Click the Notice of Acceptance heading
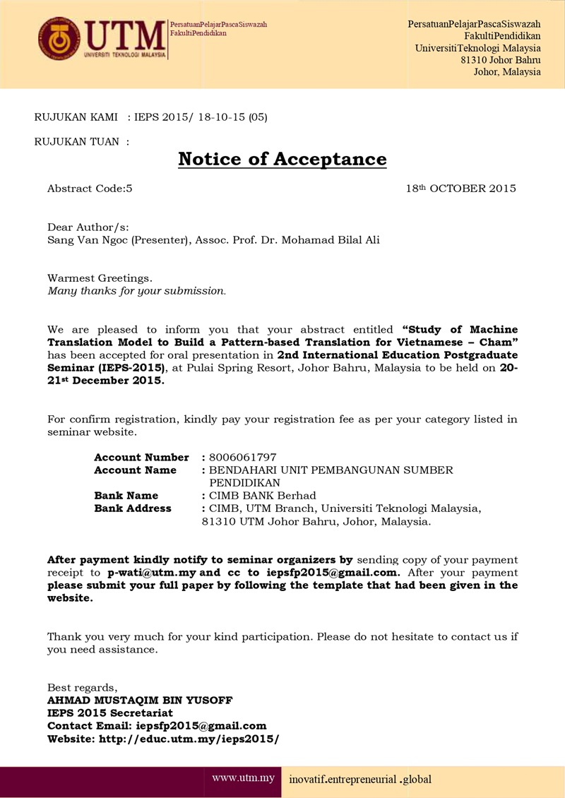click(282, 159)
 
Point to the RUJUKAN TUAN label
click(82, 141)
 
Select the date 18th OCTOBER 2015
click(460, 189)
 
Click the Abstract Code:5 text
click(90, 189)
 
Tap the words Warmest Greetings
click(100, 278)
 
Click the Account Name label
click(136, 470)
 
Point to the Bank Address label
click(133, 508)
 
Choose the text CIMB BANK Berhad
click(262, 496)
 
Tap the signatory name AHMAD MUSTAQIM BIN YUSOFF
click(140, 701)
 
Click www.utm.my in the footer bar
click(243, 779)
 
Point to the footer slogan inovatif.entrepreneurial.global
click(360, 780)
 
